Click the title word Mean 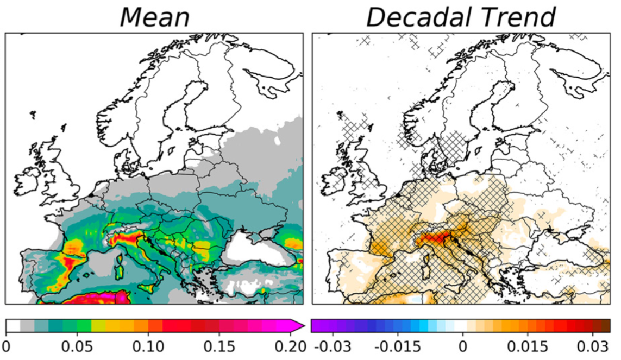point(154,17)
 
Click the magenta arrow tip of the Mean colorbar point(299,325)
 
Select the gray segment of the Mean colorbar point(27,325)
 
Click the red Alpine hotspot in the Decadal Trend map point(432,237)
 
